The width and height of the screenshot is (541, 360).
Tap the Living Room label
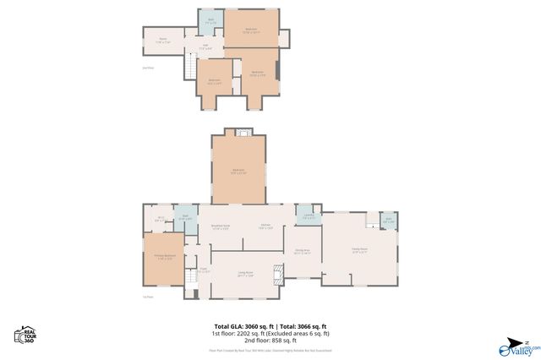pos(245,275)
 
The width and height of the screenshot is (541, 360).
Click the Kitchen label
pos(265,226)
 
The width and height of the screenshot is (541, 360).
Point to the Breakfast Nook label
pos(221,226)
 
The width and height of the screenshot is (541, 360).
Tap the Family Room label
pos(359,250)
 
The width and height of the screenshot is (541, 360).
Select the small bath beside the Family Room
pos(389,221)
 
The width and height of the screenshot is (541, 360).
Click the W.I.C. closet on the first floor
pos(160,220)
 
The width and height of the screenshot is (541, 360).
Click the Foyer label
pos(204,271)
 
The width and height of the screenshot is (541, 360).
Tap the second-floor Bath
pos(210,20)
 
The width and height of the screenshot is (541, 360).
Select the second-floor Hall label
pos(205,47)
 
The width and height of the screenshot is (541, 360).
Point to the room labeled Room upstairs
pos(163,40)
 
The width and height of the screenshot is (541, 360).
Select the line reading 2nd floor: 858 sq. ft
pos(270,341)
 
